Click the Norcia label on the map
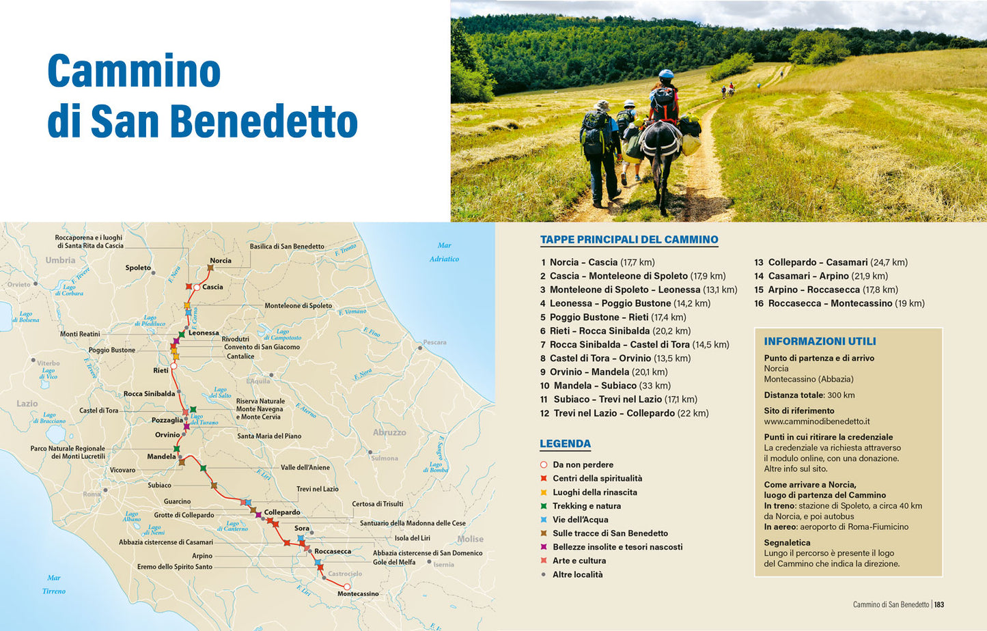coord(220,261)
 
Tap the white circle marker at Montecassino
coord(347,587)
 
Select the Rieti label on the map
coord(161,371)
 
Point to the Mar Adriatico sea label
coord(444,252)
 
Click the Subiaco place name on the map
coord(159,486)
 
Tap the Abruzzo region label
coord(389,432)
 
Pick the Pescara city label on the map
coord(434,342)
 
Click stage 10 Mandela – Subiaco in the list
coord(605,386)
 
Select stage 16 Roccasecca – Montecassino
coord(839,303)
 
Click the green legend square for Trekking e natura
coord(544,506)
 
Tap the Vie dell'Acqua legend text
coord(580,520)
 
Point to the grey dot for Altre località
coord(544,574)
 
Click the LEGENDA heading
coord(565,444)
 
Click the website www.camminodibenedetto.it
coord(816,421)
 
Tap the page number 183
coord(939,604)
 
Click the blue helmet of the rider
coord(665,74)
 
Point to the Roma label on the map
coord(92,494)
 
